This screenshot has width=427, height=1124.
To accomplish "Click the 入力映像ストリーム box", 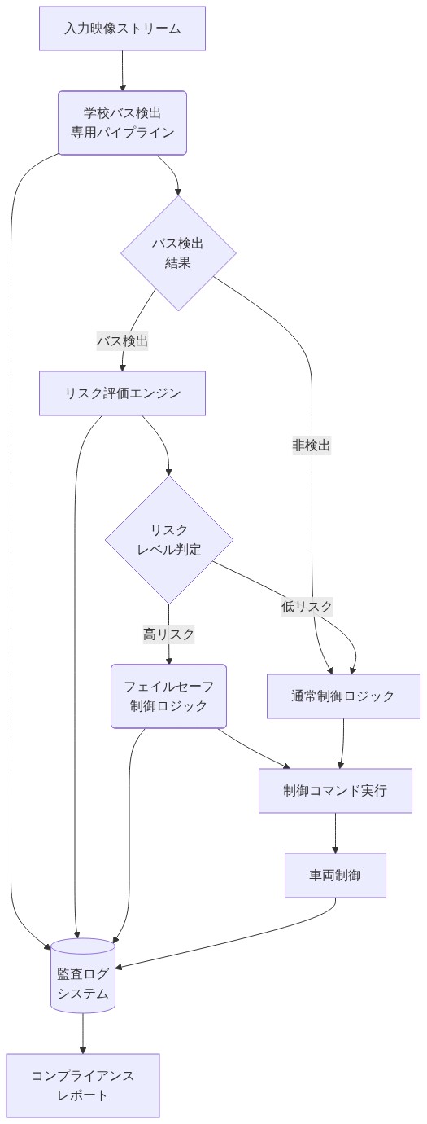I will point(122,29).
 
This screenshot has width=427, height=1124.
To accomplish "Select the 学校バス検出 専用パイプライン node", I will point(122,122).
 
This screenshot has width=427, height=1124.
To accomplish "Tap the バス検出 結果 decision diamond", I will point(178,253).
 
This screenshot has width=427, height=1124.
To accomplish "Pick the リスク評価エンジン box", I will point(122,393).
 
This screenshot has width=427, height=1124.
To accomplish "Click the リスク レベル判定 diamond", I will point(169,540).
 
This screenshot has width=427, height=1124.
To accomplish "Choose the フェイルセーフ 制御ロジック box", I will point(168,696).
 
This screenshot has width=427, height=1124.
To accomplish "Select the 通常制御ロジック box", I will point(343,696).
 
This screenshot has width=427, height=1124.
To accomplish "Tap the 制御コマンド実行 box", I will point(335,790).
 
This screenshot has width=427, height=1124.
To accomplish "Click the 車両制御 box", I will point(335,876).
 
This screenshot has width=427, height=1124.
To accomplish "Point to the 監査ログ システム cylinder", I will point(83,976).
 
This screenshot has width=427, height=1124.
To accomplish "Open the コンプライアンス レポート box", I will point(83,1085).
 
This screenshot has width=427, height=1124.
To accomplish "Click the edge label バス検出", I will point(122,341).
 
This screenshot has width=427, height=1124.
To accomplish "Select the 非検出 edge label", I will point(312,446).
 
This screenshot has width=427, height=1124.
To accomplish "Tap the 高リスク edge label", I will point(169,634).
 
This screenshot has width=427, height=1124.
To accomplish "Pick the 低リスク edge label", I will point(307,607).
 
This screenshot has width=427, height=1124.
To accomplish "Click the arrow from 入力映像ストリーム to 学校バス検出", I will point(122,71).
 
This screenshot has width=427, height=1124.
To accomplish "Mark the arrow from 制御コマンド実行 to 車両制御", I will point(335,833).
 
